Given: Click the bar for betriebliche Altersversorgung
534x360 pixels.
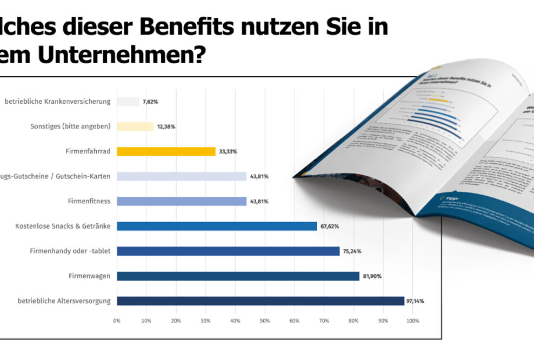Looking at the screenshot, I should (260, 301).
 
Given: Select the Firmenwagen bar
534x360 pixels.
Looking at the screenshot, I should (238, 276).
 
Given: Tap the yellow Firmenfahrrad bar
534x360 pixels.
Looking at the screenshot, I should (166, 151).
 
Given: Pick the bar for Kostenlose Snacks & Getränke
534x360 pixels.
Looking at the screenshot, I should (217, 226).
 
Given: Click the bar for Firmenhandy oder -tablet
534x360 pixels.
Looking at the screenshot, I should (228, 251).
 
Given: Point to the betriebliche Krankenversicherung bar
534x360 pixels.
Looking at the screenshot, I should (128, 102).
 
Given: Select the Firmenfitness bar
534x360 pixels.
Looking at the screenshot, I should (182, 201).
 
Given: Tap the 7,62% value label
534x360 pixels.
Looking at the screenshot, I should (150, 102).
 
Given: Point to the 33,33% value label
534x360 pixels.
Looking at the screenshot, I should (228, 151).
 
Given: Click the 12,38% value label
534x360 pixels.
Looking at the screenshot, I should (166, 126).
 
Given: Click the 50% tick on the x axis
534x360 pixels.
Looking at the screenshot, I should (265, 321).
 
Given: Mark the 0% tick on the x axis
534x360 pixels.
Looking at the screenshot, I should (117, 321).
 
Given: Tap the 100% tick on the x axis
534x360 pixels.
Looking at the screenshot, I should (412, 321).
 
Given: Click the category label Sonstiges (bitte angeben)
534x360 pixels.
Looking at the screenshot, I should (70, 126).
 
